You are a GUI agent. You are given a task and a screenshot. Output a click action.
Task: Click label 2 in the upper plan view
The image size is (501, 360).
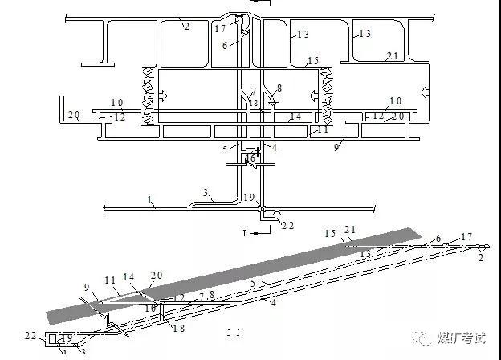[x=185, y=27]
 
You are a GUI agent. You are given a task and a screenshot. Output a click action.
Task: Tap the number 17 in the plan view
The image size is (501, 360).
[x=221, y=28]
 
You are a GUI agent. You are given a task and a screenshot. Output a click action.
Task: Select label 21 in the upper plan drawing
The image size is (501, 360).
[x=392, y=55]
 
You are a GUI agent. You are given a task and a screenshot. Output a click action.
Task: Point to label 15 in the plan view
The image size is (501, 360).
[x=313, y=61]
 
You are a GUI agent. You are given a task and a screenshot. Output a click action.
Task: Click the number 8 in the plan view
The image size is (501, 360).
[x=279, y=88]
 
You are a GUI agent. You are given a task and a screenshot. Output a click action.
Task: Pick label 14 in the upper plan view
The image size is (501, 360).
[x=295, y=117]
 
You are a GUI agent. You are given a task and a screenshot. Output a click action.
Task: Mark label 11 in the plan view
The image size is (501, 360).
[x=323, y=129]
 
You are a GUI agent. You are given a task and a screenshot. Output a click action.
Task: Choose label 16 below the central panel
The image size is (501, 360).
[x=252, y=157]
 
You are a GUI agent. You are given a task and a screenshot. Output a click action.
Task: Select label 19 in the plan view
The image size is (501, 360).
[x=249, y=198]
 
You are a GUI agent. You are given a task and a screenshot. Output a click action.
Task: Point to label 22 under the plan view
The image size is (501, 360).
[x=287, y=226]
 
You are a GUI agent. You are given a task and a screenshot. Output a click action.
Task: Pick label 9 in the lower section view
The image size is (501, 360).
[x=87, y=287]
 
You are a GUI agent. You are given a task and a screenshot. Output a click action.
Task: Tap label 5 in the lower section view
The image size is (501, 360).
[x=251, y=283]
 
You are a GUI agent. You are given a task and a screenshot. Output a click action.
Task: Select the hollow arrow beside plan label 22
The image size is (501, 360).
[x=275, y=214]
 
